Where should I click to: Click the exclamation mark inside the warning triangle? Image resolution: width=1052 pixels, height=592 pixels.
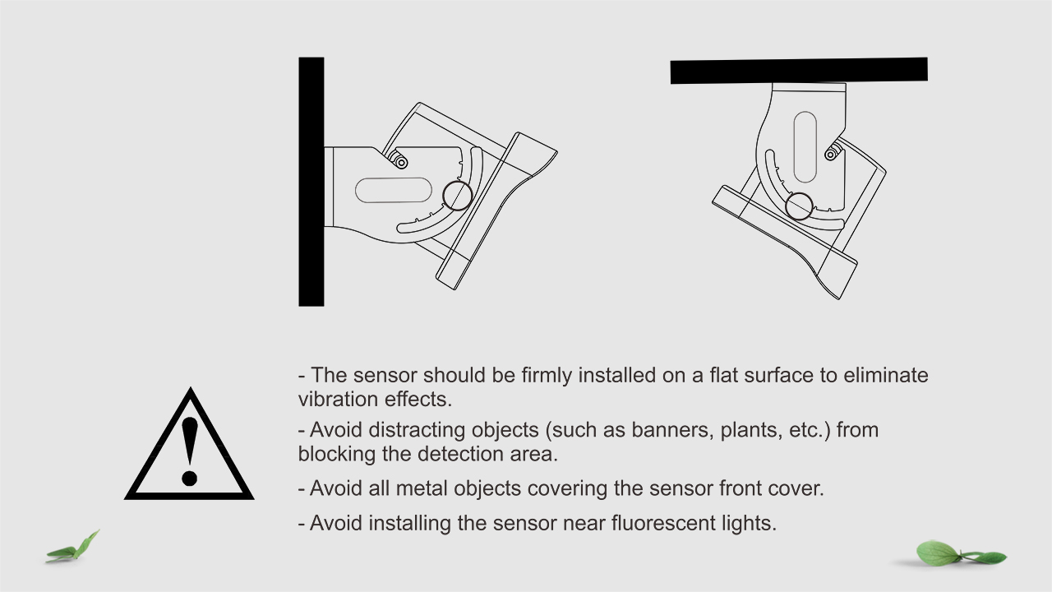(190, 451)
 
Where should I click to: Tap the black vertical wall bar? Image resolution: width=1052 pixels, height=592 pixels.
(311, 182)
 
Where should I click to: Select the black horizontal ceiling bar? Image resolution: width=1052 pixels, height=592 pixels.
(799, 71)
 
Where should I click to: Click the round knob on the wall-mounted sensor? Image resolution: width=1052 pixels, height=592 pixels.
(458, 196)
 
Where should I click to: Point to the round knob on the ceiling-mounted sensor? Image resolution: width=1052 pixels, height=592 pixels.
(799, 206)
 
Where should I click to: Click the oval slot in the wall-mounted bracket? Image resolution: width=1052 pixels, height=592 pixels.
(394, 190)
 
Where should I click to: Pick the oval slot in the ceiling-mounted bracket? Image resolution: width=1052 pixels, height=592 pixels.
(805, 147)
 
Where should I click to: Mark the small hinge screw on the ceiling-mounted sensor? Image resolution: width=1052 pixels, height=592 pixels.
(831, 154)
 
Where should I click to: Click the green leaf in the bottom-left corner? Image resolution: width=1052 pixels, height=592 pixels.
(74, 548)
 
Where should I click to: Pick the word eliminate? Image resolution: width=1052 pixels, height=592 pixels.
(886, 376)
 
